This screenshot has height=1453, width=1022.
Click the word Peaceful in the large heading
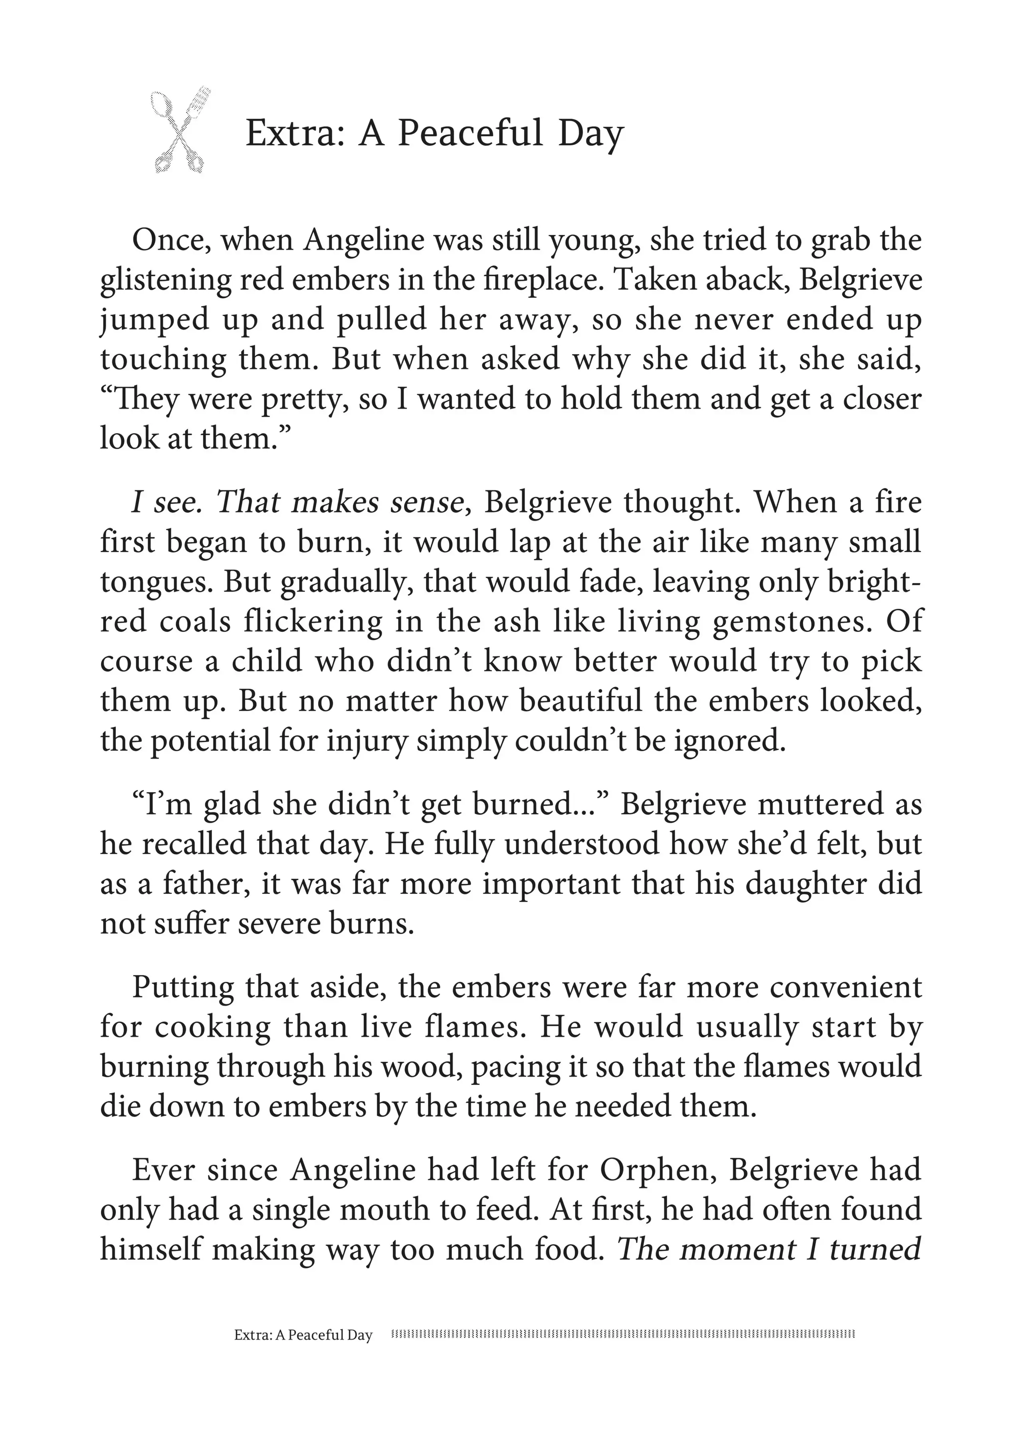469,134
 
